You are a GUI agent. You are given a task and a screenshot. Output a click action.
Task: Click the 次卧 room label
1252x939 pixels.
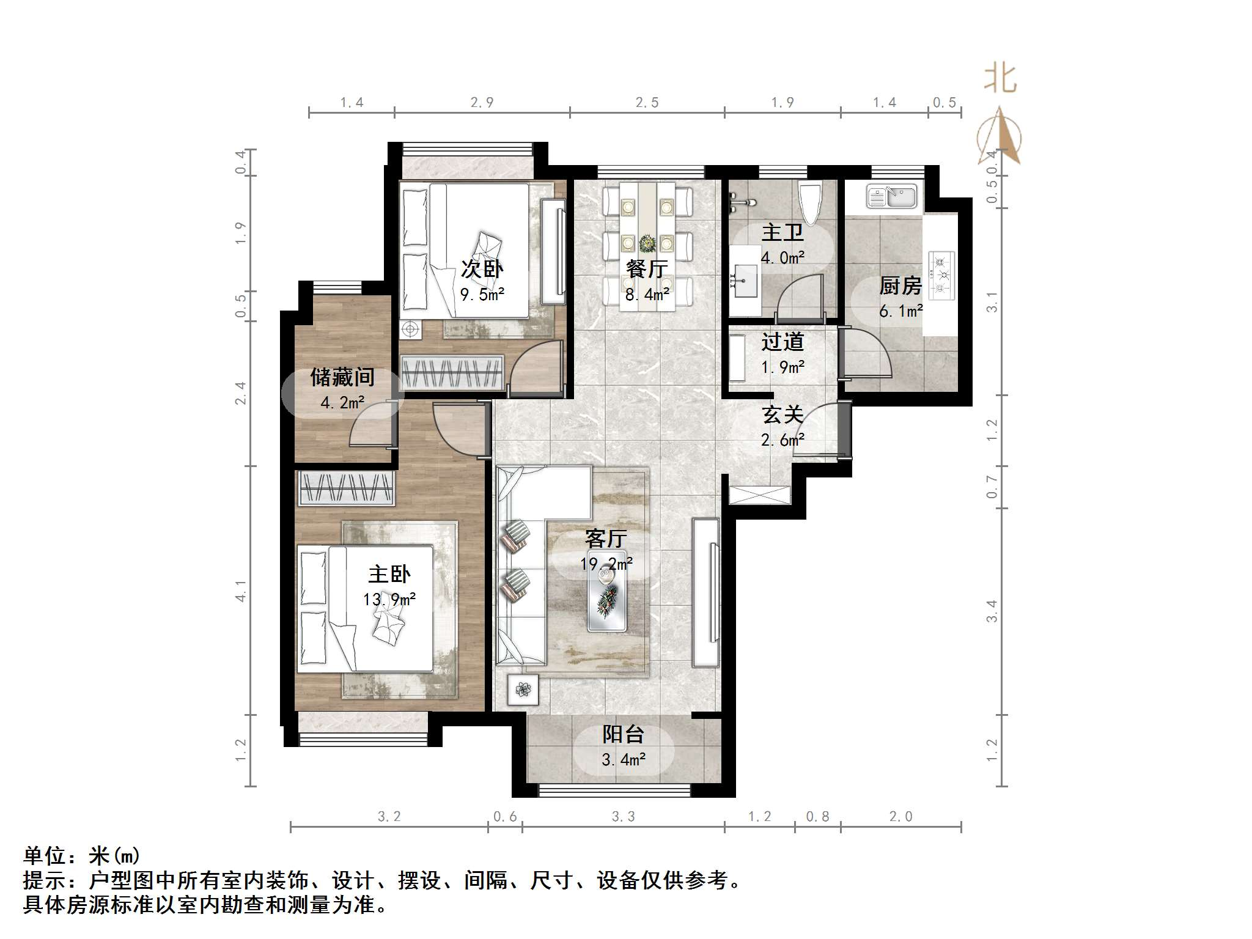[482, 269]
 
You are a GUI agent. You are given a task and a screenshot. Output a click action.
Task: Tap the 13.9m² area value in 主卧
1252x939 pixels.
[389, 599]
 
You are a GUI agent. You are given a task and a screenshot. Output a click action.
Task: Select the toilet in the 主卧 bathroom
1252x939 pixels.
[811, 203]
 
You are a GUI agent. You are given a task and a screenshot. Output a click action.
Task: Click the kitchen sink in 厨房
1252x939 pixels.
[891, 197]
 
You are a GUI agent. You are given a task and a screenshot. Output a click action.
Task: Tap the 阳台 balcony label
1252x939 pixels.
[623, 734]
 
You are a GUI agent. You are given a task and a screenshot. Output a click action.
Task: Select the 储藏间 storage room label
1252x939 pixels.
[342, 377]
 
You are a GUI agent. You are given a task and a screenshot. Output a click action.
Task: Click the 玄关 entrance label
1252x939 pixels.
[782, 415]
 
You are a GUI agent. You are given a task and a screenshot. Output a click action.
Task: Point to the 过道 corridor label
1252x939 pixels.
[782, 342]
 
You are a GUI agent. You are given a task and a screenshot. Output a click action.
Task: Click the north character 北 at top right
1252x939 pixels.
[1000, 79]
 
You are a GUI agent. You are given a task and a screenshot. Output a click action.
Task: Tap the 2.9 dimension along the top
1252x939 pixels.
[482, 103]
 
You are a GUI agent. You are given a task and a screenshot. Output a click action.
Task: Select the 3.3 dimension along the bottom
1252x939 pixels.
[623, 817]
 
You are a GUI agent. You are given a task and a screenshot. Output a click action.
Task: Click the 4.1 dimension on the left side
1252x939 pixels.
[241, 591]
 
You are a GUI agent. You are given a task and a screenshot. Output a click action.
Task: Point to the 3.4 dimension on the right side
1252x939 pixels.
[992, 611]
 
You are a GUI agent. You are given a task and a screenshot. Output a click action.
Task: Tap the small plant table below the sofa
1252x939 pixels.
[523, 690]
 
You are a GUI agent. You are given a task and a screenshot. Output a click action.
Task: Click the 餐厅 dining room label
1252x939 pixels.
[647, 269]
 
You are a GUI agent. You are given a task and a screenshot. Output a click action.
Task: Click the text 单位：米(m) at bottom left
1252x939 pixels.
[82, 855]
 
